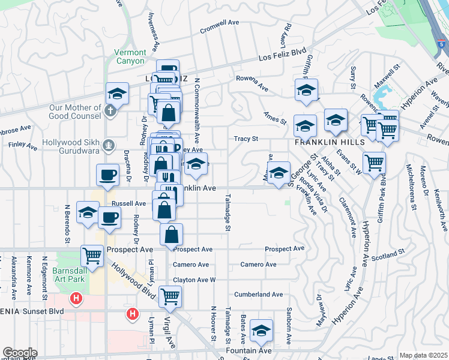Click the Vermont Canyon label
pyautogui.click(x=130, y=56)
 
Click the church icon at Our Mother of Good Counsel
pyautogui.click(x=110, y=110)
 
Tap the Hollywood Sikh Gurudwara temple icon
pyautogui.click(x=108, y=145)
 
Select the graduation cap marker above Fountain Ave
pyautogui.click(x=261, y=331)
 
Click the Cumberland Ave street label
pyautogui.click(x=258, y=295)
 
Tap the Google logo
pyautogui.click(x=20, y=352)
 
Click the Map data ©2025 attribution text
pyautogui.click(x=423, y=355)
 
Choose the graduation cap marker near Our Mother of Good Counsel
pyautogui.click(x=117, y=93)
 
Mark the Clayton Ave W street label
pyautogui.click(x=194, y=280)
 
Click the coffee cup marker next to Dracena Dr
pyautogui.click(x=108, y=175)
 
